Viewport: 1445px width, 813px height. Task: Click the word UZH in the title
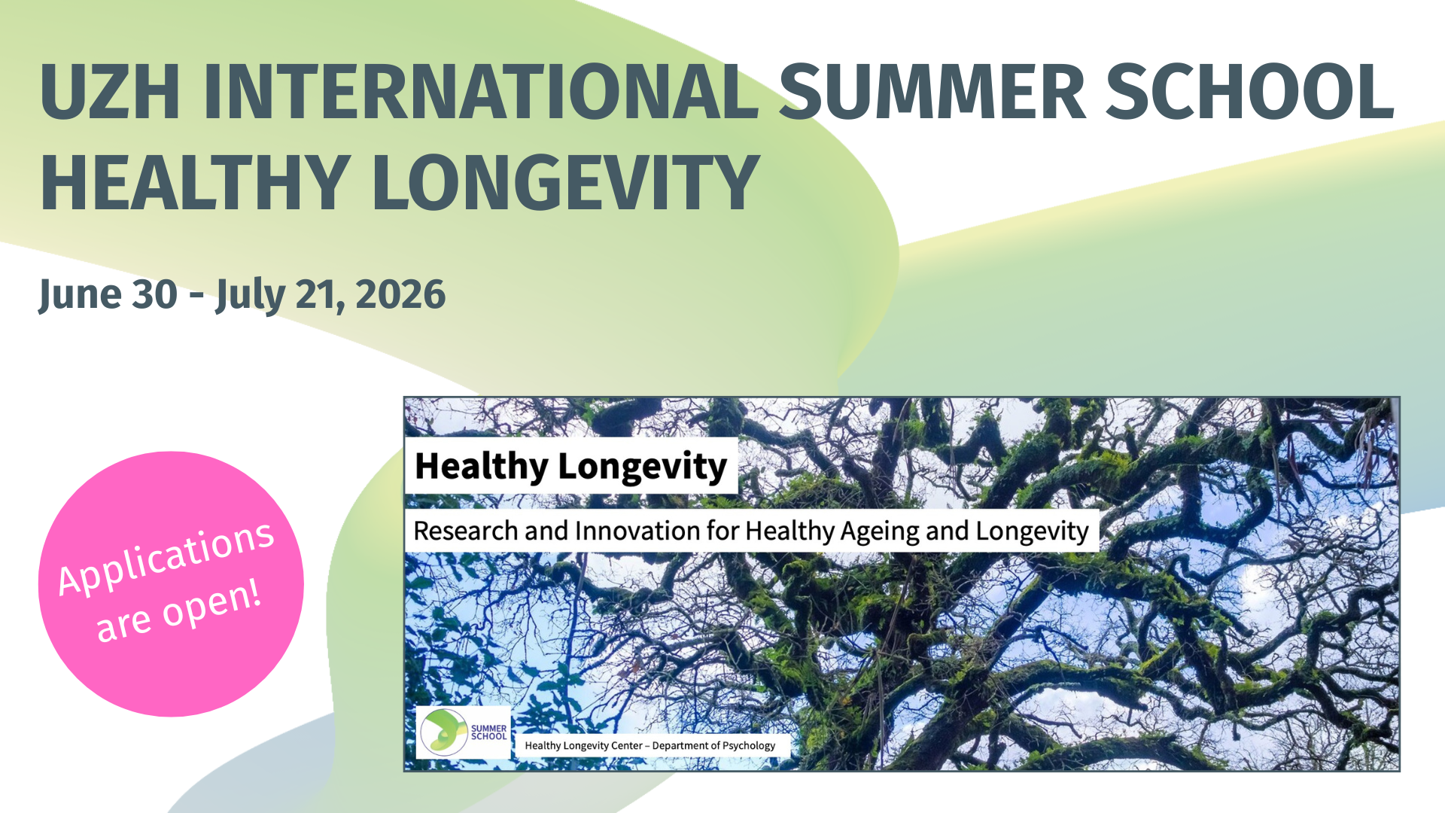tap(110, 92)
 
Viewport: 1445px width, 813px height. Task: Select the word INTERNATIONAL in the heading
tap(481, 92)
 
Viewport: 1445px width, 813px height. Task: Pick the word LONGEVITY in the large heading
tap(565, 182)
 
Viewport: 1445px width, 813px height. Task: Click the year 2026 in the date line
tap(400, 294)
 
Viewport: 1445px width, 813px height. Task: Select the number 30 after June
tap(155, 294)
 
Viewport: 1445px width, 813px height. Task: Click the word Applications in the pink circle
tap(166, 558)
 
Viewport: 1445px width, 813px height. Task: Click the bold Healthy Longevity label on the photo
tap(571, 467)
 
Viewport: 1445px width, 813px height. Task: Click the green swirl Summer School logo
tap(444, 732)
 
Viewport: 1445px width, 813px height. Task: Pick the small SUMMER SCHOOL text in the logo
tap(488, 732)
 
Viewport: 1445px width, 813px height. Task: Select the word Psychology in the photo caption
tap(749, 746)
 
